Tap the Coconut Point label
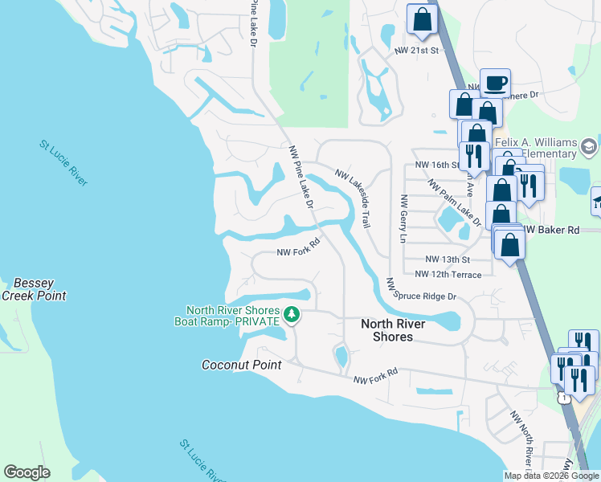click(241, 365)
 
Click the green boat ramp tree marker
click(292, 315)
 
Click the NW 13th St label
click(447, 259)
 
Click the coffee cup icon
click(495, 82)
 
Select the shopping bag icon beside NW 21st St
click(422, 18)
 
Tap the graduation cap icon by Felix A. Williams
click(588, 147)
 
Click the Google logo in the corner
click(27, 472)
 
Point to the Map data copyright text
click(551, 476)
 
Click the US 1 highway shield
click(565, 398)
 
